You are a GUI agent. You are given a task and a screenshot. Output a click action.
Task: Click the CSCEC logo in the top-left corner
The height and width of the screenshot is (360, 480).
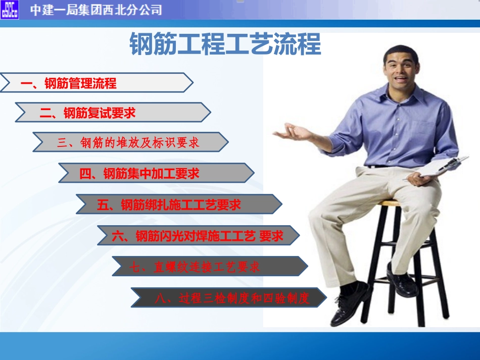(10, 9)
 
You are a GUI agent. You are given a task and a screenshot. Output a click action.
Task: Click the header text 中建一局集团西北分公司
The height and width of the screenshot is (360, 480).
(96, 10)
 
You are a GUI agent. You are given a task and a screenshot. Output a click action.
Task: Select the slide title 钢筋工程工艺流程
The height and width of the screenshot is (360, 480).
(225, 44)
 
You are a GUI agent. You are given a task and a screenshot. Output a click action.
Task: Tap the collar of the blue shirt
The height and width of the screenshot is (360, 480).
(399, 93)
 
